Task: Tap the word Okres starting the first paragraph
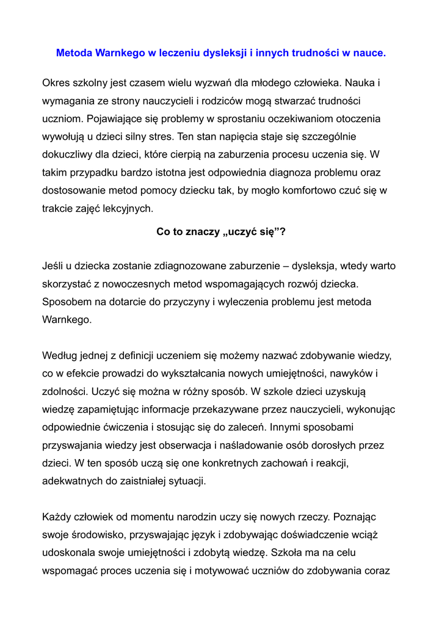tap(56, 82)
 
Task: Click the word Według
tap(59, 355)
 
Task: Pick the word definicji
tap(147, 355)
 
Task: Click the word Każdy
tap(57, 517)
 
